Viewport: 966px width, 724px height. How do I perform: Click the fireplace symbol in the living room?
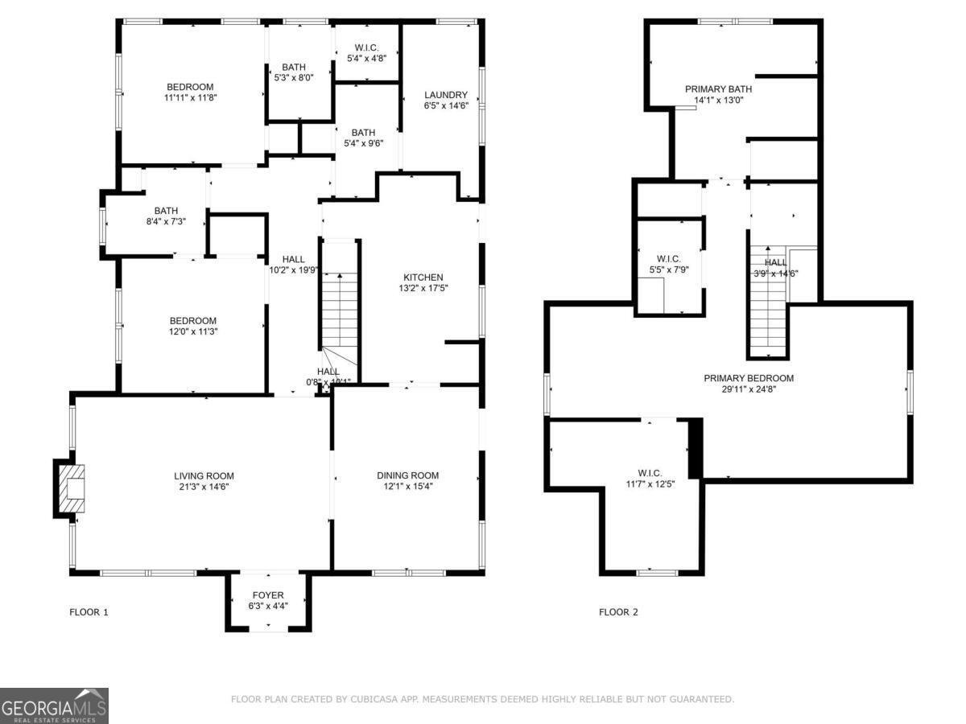[72, 488]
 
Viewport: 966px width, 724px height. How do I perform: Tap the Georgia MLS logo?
[53, 705]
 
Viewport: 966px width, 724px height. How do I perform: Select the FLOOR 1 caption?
[89, 612]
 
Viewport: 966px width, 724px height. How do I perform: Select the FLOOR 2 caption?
[618, 612]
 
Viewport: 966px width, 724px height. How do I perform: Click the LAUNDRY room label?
[446, 94]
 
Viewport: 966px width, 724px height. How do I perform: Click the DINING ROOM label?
[407, 475]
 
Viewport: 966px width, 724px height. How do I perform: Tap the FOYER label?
[267, 595]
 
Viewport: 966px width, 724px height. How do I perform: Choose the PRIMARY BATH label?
[718, 89]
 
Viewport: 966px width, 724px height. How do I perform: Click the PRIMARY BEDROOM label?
[749, 378]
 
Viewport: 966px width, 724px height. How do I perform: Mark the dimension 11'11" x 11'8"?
[190, 97]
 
